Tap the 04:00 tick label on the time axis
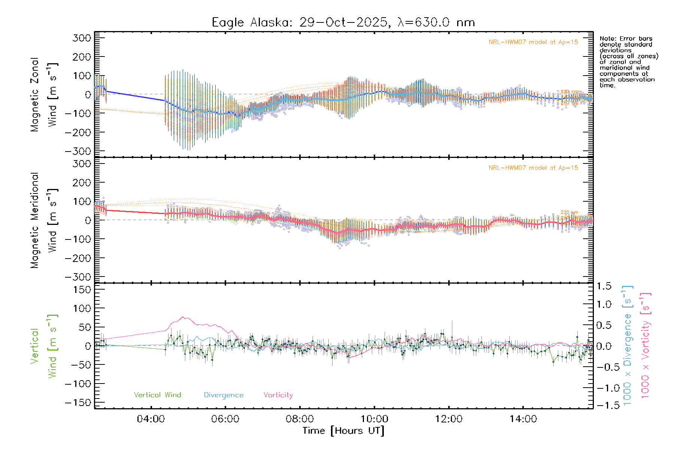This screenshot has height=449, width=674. (x=151, y=419)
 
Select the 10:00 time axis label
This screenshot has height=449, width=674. (x=374, y=419)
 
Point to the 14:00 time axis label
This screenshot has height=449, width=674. (x=523, y=419)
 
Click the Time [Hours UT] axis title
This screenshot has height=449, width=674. (x=343, y=431)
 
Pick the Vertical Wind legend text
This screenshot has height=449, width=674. (x=157, y=395)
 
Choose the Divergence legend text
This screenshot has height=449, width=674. (x=224, y=395)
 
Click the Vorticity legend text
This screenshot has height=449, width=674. (x=278, y=395)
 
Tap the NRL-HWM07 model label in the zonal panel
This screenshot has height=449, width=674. (x=533, y=42)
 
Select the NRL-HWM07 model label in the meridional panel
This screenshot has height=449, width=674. (x=533, y=168)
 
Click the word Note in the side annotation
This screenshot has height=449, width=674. (x=607, y=39)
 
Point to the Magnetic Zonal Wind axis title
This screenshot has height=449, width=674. (x=44, y=95)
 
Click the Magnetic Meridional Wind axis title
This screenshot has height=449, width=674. (x=44, y=220)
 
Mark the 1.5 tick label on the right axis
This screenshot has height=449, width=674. (x=604, y=286)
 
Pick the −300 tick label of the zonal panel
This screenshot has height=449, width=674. (x=78, y=151)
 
